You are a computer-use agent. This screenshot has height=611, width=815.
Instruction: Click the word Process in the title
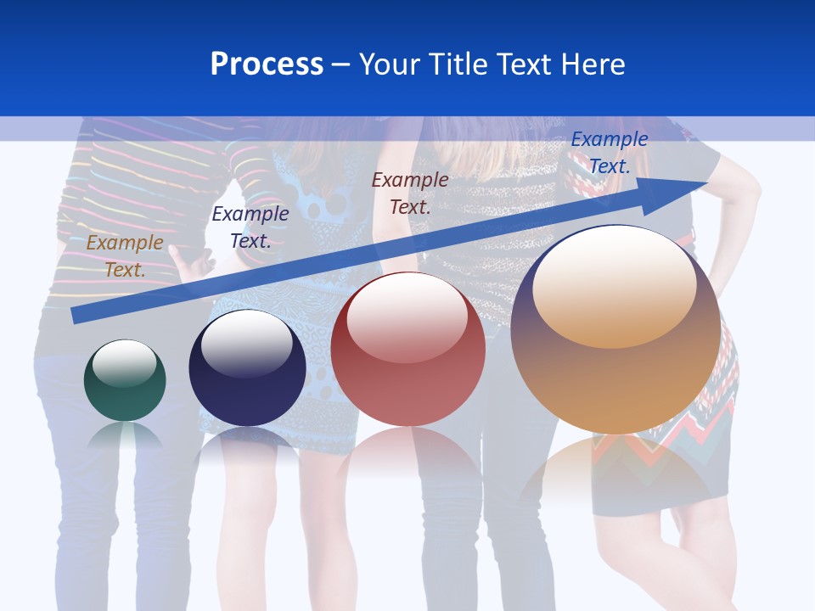pos(267,64)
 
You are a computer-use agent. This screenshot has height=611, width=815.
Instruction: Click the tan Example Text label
pos(125,255)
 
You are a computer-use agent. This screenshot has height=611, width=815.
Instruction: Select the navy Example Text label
pos(250,227)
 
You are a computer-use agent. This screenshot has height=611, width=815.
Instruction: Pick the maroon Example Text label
pos(410,193)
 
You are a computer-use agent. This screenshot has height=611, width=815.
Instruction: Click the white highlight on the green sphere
pos(125,362)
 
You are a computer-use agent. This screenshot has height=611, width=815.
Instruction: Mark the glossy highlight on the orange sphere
pos(614,284)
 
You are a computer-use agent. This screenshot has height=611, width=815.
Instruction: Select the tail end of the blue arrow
pos(79,316)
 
